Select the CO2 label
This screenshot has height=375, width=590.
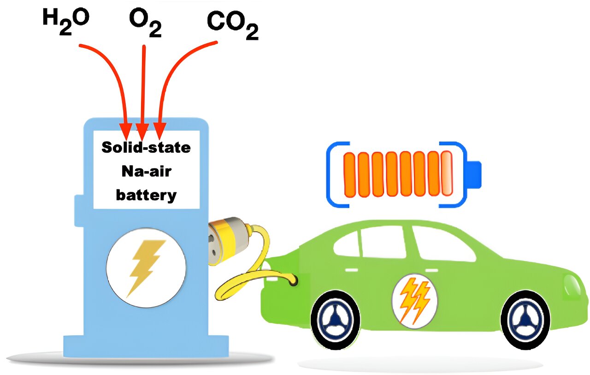232,25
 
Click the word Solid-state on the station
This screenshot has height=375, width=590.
146,148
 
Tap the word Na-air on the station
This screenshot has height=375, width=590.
146,172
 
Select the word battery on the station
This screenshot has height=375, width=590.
146,195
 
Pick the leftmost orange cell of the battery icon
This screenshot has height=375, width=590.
350,174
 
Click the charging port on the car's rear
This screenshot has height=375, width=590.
292,282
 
